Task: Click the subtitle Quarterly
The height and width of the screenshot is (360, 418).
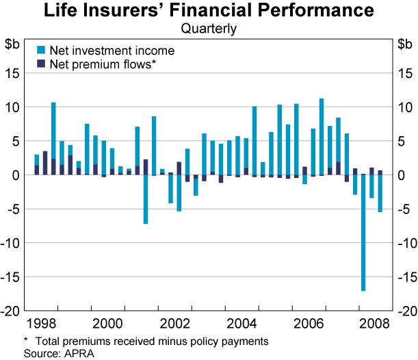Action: pyautogui.click(x=209, y=29)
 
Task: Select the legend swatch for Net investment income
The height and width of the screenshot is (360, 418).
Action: pyautogui.click(x=40, y=51)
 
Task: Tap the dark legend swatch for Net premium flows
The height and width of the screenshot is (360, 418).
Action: pyautogui.click(x=40, y=64)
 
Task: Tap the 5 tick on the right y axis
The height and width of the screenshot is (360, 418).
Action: pyautogui.click(x=399, y=141)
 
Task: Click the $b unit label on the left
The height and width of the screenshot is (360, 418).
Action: pyautogui.click(x=12, y=44)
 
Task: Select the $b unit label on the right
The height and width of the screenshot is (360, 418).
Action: pyautogui.click(x=404, y=44)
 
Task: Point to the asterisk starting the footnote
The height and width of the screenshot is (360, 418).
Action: pyautogui.click(x=25, y=340)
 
